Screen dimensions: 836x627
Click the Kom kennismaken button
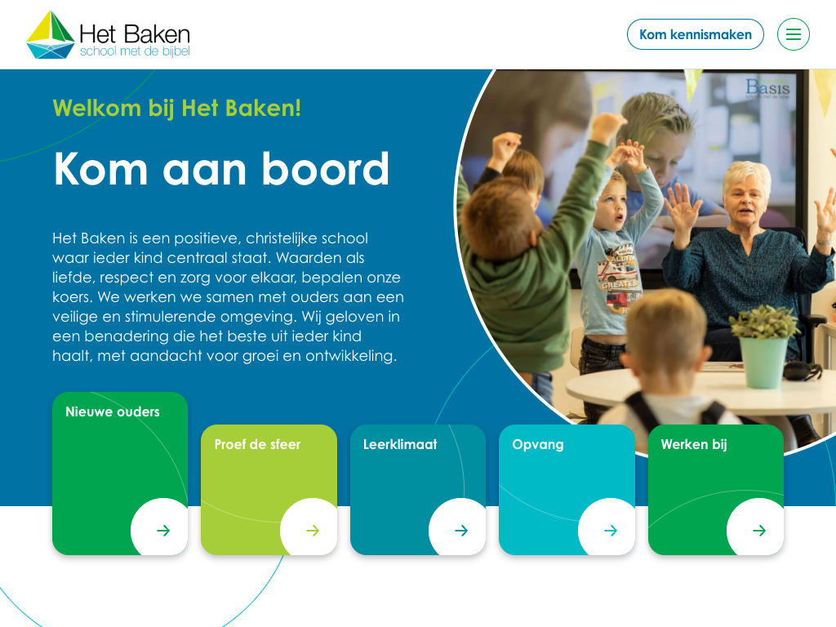[x=696, y=34]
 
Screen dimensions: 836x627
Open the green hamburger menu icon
[x=794, y=34]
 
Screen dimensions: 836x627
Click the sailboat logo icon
[x=51, y=34]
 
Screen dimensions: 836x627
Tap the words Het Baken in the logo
[x=135, y=34]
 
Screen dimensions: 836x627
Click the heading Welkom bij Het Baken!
[x=177, y=109]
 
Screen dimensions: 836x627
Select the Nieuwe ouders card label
[x=113, y=411]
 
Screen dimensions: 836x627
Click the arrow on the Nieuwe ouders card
[x=163, y=531]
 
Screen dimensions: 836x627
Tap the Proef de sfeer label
[x=257, y=444]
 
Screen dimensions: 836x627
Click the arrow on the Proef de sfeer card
[x=313, y=531]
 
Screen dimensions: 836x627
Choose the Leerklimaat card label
[x=400, y=444]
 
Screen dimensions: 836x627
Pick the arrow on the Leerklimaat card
[x=461, y=531]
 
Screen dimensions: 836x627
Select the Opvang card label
[x=538, y=445]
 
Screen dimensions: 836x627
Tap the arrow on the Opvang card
[x=611, y=531]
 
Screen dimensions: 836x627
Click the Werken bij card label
[x=694, y=445]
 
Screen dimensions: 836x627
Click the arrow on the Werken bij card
[x=759, y=531]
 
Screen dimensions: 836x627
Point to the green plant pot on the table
[x=763, y=362]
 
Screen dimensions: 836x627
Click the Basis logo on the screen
[x=767, y=87]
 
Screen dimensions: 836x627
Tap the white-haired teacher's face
[x=745, y=201]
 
